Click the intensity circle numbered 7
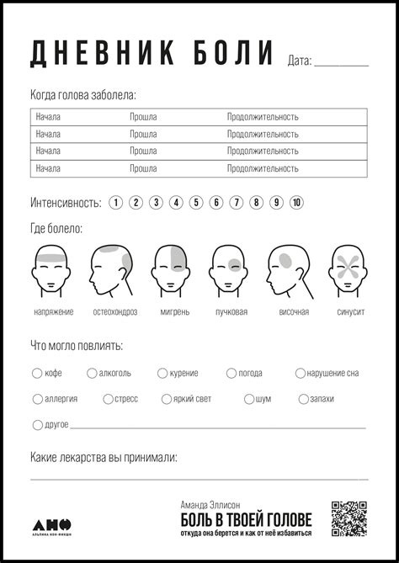tap(237, 202)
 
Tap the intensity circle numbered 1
tap(115, 202)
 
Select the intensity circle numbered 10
tap(297, 202)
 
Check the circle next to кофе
tap(36, 373)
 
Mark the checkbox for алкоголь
tap(92, 373)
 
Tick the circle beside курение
tap(162, 373)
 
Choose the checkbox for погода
tap(231, 373)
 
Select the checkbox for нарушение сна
tap(301, 373)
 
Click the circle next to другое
tap(36, 425)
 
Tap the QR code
tap(348, 518)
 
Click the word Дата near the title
tap(300, 61)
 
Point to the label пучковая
tap(231, 312)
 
